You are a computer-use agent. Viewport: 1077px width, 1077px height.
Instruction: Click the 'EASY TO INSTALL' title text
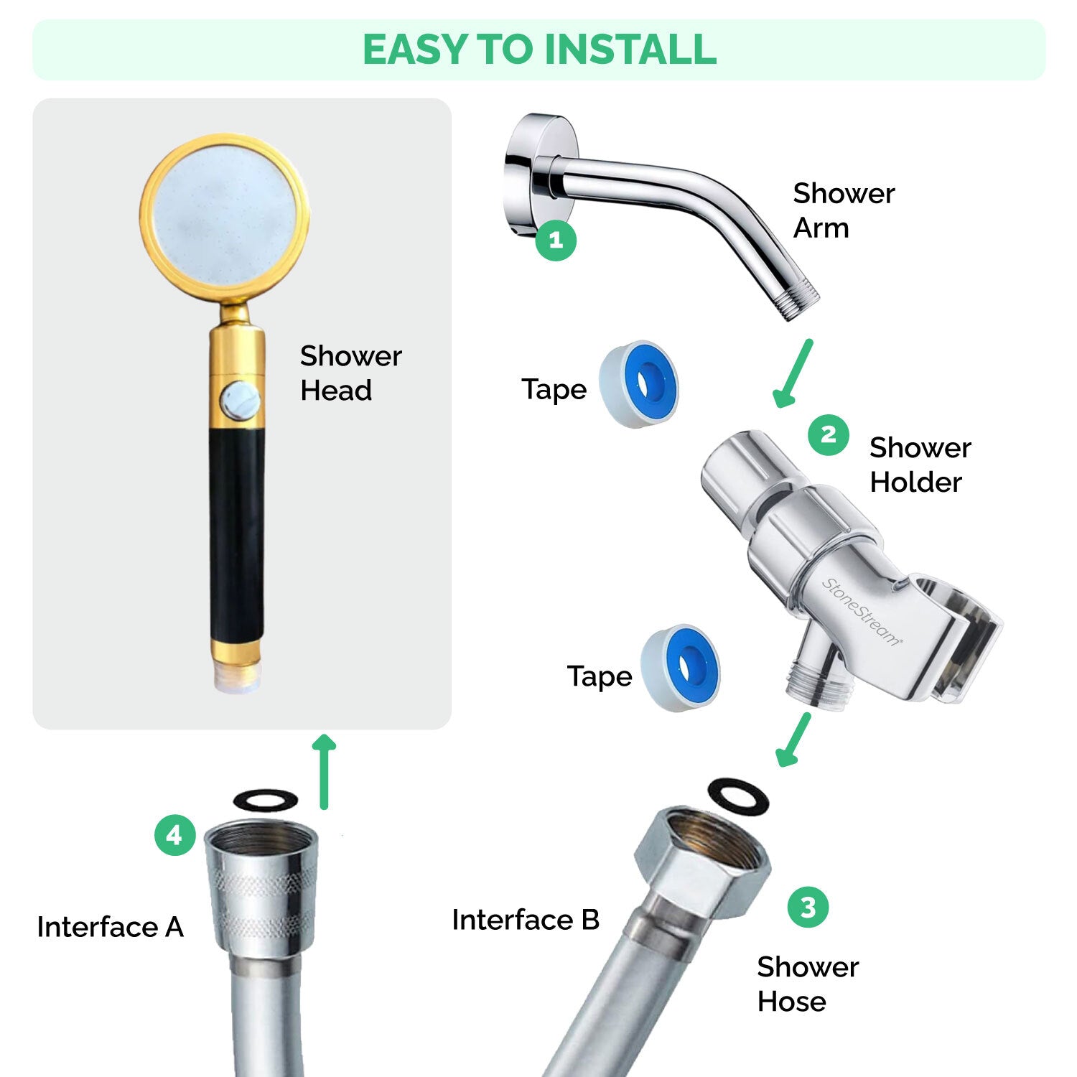(539, 49)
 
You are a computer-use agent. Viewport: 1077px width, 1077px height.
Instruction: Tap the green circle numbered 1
(556, 240)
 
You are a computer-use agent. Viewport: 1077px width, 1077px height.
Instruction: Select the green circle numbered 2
(828, 434)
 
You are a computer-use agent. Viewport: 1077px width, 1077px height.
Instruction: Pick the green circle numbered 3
(808, 907)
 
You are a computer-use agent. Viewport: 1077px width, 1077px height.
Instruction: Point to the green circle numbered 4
(174, 835)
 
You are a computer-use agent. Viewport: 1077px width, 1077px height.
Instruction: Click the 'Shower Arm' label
(843, 210)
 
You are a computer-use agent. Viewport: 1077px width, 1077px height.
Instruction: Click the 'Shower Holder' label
(919, 465)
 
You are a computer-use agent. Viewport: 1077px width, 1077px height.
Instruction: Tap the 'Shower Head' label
(350, 373)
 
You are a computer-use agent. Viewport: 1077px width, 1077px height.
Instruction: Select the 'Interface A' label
(111, 927)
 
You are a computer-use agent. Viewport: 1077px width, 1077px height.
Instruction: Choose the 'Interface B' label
(525, 920)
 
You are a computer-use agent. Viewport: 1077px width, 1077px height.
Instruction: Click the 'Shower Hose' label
(807, 984)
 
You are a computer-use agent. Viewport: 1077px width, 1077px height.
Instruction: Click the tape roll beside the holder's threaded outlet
(681, 668)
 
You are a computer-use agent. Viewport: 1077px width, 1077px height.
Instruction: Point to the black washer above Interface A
(266, 799)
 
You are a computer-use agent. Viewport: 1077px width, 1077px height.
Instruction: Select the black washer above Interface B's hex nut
(738, 796)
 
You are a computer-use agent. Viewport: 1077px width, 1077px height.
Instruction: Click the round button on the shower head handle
(240, 401)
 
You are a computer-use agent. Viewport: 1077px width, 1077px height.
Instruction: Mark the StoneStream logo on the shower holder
(861, 612)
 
